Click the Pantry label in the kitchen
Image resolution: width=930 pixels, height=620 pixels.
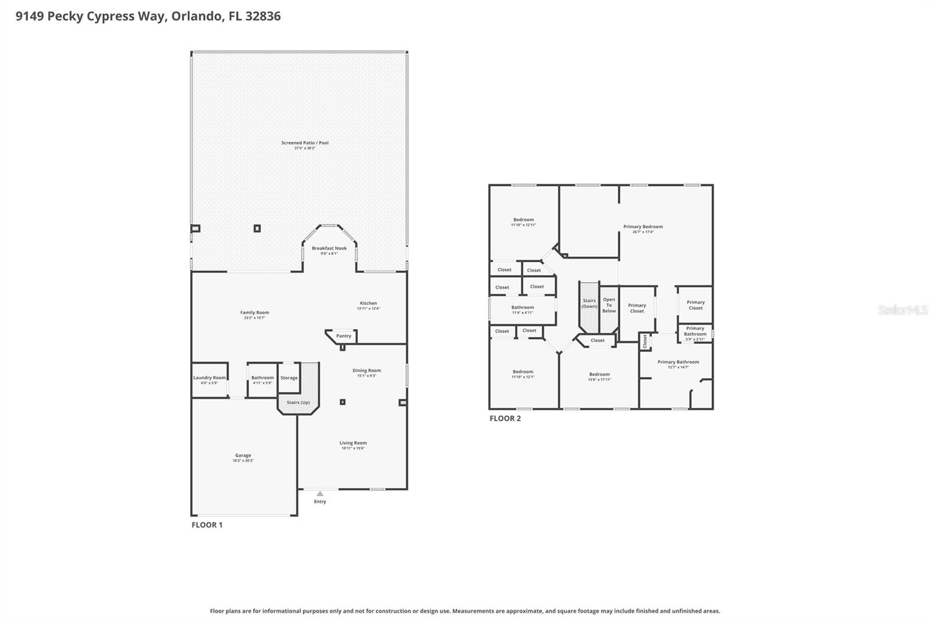pos(344,336)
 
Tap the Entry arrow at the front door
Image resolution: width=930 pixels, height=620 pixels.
pos(320,494)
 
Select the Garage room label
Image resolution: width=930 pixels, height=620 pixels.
pos(243,455)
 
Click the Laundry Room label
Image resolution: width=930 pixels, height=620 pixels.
pos(209,377)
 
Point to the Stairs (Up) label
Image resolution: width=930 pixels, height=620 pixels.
pos(298,402)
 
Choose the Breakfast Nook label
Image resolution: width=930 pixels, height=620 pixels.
pos(329,248)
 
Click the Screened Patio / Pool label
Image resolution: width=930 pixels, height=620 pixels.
pos(305,142)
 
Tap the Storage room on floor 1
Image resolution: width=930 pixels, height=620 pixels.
pos(289,378)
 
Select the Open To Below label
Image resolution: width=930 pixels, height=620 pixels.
pos(609,305)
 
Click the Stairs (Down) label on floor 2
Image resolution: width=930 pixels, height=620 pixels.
pos(589,304)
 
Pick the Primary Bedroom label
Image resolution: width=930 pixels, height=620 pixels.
pos(643,227)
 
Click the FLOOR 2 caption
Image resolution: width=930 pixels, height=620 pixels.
pos(505,418)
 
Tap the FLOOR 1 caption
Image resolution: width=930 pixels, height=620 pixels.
pos(207,525)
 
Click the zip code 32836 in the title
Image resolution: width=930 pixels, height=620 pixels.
pos(263,16)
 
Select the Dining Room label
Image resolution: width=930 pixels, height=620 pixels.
pos(366,370)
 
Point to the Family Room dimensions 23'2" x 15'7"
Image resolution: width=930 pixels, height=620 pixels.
pos(255,318)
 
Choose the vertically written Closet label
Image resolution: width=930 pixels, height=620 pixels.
pos(645,341)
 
